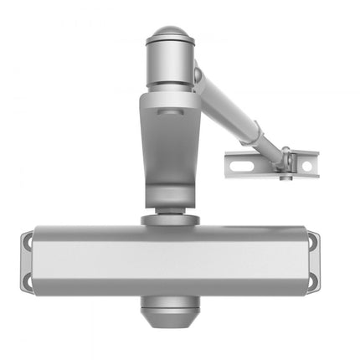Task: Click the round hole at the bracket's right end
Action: (306, 166)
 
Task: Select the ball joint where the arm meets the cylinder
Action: (198, 75)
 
